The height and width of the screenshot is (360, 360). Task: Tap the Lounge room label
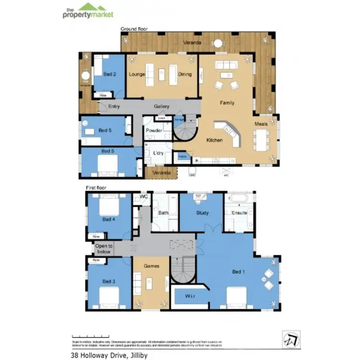[137, 74]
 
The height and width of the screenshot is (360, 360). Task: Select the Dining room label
[185, 74]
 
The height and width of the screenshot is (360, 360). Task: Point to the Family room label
[227, 103]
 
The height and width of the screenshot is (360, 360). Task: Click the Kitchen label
[214, 140]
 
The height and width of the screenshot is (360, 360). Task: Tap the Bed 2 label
[110, 74]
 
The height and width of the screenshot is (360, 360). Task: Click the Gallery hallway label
[162, 106]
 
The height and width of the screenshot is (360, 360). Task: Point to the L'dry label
[159, 153]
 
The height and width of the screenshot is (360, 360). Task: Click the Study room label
[203, 213]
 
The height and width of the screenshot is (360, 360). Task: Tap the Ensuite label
[239, 213]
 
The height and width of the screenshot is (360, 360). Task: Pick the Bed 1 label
[239, 272]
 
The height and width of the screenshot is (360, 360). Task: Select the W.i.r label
[190, 297]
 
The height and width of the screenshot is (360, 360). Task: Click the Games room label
[152, 265]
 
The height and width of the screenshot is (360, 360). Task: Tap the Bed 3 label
[109, 281]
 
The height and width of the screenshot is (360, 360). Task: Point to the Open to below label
[104, 249]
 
